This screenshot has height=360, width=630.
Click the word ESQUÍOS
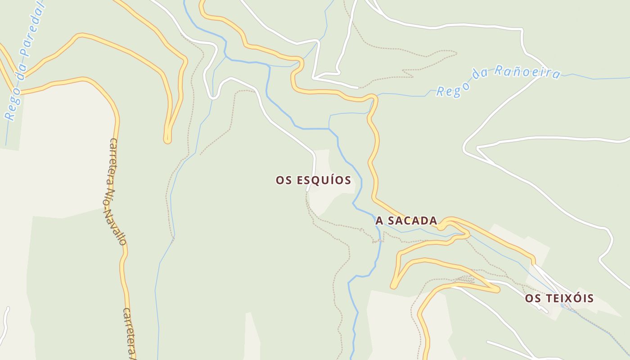coord(324,180)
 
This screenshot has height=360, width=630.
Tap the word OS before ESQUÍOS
coord(284,180)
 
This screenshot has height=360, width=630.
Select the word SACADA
coord(412,220)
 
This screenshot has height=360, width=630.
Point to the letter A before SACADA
coord(379,220)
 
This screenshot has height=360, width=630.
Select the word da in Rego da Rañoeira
coord(480,76)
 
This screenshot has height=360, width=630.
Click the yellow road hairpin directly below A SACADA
coord(394,285)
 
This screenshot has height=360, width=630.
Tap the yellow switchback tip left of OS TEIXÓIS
coord(497,290)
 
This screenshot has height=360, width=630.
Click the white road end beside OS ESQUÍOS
coord(309,190)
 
